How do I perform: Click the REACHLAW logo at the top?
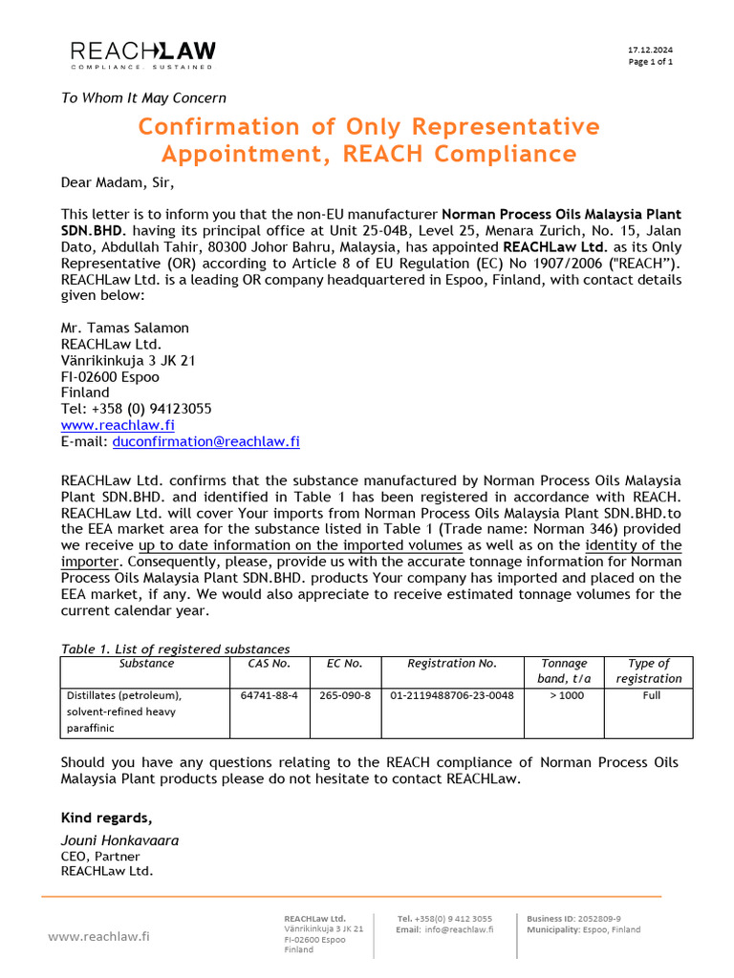(x=143, y=54)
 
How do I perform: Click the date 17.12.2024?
(x=650, y=50)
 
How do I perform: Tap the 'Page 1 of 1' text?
(x=650, y=62)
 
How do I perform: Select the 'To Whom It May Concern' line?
(x=143, y=97)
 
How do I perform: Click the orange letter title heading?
(x=368, y=140)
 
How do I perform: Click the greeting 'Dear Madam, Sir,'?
(x=119, y=182)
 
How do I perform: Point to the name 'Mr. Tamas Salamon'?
(x=125, y=328)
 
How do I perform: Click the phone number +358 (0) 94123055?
(x=137, y=409)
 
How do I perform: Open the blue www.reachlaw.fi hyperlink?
(x=118, y=425)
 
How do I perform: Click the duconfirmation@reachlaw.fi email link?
(x=205, y=441)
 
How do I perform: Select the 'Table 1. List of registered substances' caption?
(x=175, y=649)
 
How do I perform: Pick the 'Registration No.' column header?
(x=452, y=663)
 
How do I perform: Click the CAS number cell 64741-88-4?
(x=269, y=695)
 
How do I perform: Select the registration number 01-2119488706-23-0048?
(x=452, y=695)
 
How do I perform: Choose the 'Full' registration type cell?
(x=650, y=695)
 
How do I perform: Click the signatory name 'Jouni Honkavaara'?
(x=119, y=840)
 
